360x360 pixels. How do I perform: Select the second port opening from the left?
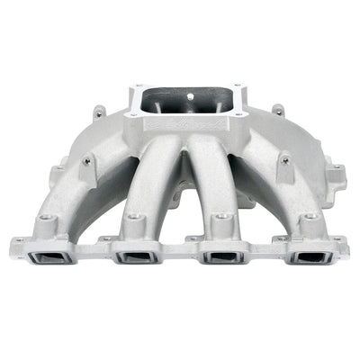[135, 258]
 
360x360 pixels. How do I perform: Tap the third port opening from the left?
[220, 258]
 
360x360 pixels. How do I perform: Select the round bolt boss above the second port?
[135, 219]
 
